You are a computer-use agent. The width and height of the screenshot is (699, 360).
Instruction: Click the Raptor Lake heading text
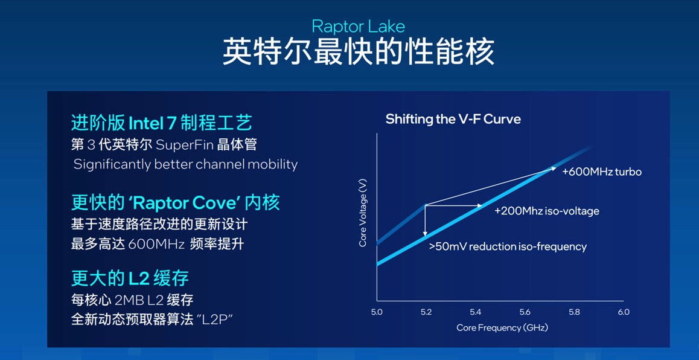(x=358, y=26)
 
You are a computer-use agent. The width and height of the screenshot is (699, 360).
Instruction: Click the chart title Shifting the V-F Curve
(x=453, y=119)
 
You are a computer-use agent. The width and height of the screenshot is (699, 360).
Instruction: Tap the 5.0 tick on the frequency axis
(x=377, y=312)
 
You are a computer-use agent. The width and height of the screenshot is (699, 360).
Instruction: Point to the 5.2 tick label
(x=426, y=312)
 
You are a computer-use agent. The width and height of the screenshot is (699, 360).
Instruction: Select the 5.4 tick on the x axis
(x=475, y=312)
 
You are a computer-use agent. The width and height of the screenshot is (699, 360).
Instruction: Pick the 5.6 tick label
(x=525, y=312)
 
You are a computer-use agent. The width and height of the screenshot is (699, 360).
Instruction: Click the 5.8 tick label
(x=574, y=312)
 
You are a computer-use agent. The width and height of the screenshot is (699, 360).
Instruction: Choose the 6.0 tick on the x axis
(x=624, y=312)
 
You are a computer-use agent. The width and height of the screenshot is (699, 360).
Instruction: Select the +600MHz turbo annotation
(x=601, y=172)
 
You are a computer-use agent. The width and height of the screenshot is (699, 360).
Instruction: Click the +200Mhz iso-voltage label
(x=546, y=211)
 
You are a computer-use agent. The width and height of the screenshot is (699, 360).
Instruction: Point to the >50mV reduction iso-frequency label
(x=508, y=246)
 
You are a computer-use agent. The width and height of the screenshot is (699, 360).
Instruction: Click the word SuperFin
(x=182, y=145)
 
